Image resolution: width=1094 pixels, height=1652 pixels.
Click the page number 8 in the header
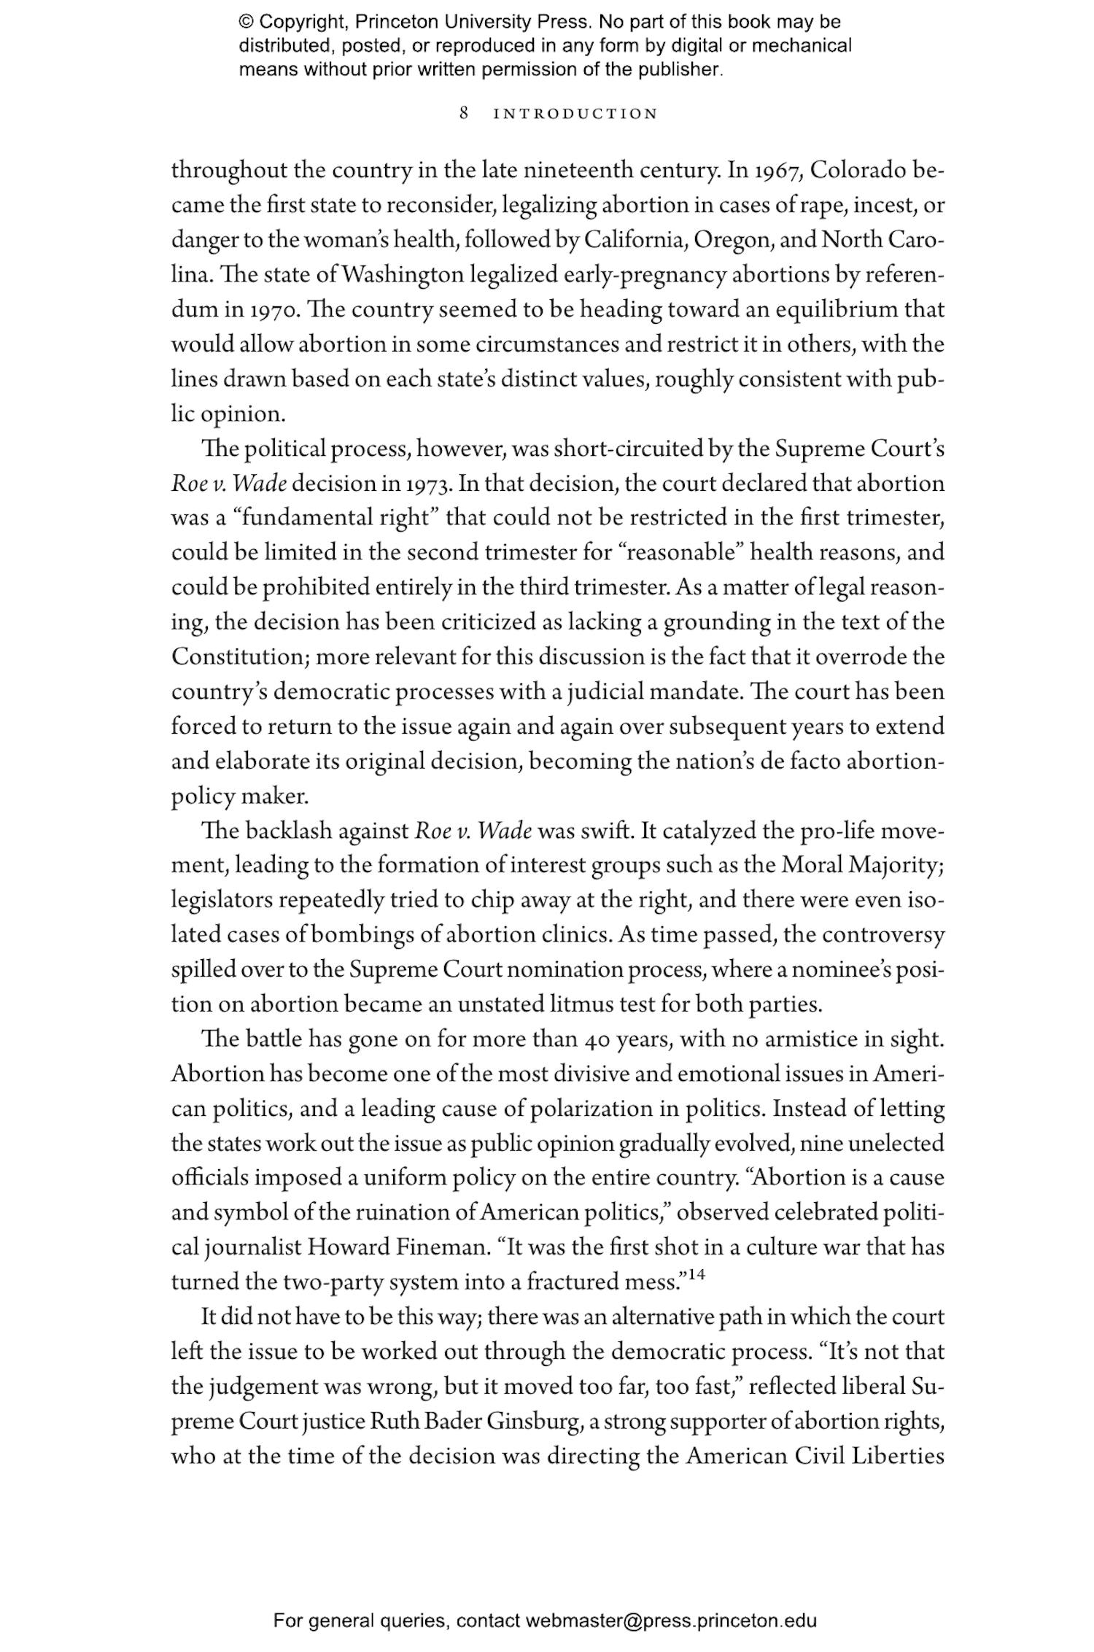pos(464,114)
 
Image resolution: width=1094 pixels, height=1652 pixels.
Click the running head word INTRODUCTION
pos(576,115)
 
